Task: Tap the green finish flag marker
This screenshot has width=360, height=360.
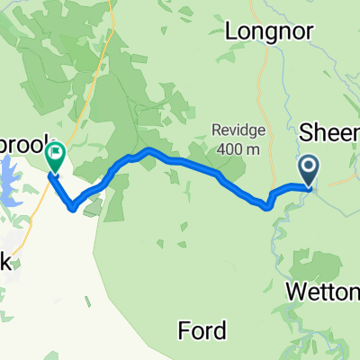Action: pos(54,157)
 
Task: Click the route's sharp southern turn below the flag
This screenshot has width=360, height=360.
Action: pos(71,209)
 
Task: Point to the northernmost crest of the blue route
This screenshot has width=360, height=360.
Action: pos(149,150)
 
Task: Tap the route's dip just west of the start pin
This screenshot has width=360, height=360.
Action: pos(268,206)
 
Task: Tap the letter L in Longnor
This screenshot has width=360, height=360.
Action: pos(230,31)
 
